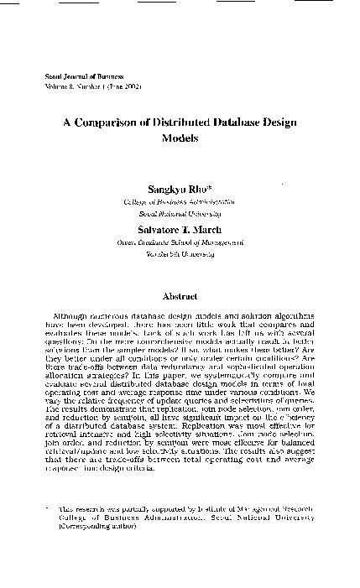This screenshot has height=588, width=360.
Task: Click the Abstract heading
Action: [180, 296]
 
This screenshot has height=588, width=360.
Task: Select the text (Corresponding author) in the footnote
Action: [97, 529]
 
